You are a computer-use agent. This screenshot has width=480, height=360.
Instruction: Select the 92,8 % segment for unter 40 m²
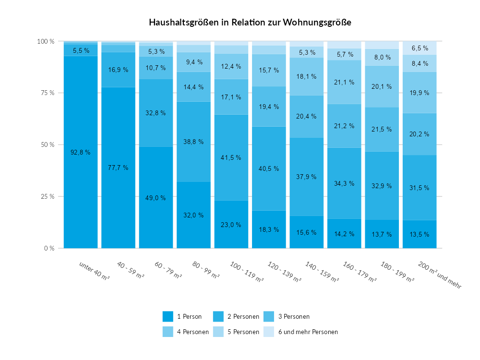tap(81, 152)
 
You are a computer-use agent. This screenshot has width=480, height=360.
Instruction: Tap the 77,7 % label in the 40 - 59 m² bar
tap(118, 168)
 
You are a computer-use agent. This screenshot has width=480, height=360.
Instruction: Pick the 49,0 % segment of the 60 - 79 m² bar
tap(156, 197)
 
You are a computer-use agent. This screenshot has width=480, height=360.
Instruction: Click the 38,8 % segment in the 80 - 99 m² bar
tap(193, 142)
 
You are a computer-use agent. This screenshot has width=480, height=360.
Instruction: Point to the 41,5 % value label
tap(231, 157)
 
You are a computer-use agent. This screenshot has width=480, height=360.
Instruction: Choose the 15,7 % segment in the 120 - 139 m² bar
tap(269, 70)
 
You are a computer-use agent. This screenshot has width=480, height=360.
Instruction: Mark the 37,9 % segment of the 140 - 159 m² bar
tap(307, 177)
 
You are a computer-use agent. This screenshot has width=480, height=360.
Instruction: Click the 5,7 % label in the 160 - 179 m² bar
tap(344, 54)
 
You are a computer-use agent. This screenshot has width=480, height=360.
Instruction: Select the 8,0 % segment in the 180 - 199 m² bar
tap(382, 57)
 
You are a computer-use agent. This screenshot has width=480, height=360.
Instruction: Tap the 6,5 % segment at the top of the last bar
tap(420, 48)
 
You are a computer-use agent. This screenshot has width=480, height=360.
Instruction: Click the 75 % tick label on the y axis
tap(46, 93)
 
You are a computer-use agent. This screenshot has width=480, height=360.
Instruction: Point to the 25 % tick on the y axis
tap(46, 196)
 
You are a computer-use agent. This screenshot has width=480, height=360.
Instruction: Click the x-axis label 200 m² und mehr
tap(439, 275)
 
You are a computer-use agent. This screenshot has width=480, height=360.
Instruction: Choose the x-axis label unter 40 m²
tap(95, 271)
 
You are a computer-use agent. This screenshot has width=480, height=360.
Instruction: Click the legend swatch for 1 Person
tap(168, 317)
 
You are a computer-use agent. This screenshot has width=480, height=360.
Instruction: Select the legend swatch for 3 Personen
tap(269, 317)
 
